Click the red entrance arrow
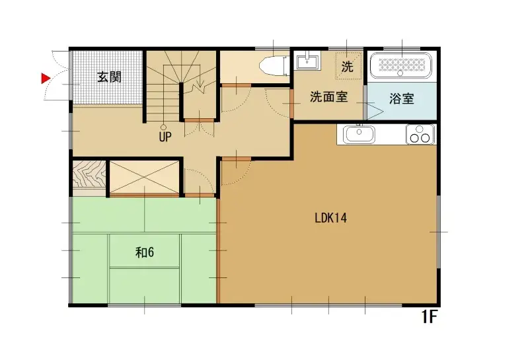pyautogui.click(x=46, y=79)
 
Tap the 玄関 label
pyautogui.click(x=109, y=77)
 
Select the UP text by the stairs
pyautogui.click(x=165, y=137)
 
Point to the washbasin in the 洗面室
pyautogui.click(x=307, y=63)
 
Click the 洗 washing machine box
pyautogui.click(x=348, y=66)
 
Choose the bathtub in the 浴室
pyautogui.click(x=400, y=65)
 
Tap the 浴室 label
pyautogui.click(x=402, y=99)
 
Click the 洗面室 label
pyautogui.click(x=328, y=97)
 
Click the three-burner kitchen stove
pyautogui.click(x=421, y=135)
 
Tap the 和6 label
pyautogui.click(x=145, y=252)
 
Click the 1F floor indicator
pyautogui.click(x=430, y=318)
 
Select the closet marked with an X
pyautogui.click(x=144, y=176)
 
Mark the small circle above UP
pyautogui.click(x=164, y=127)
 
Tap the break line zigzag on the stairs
pyautogui.click(x=197, y=86)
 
